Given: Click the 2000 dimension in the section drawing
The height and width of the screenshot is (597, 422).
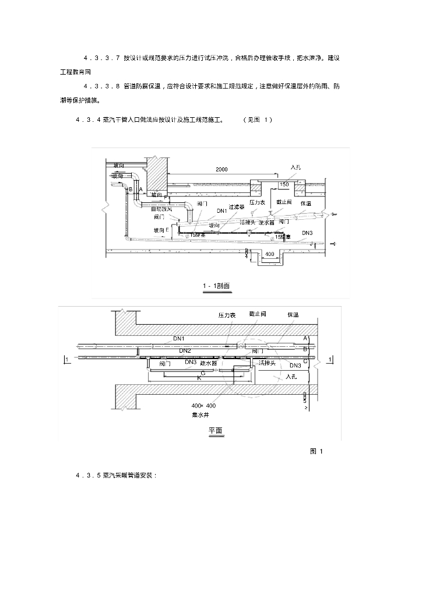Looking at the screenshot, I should (221, 169).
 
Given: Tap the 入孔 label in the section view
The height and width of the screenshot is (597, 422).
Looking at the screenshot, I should (296, 167).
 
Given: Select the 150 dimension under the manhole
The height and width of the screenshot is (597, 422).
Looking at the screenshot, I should (284, 185).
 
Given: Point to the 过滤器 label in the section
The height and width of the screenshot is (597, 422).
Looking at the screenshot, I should (236, 206).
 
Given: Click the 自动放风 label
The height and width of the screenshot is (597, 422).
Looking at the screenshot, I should (161, 208).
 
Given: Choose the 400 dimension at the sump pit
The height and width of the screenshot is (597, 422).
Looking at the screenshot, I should (270, 255).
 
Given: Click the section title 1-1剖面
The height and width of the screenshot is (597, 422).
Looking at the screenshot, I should (216, 286).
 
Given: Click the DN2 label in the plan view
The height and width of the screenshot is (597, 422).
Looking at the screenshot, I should (185, 350).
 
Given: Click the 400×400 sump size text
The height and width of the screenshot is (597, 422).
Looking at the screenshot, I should (203, 405).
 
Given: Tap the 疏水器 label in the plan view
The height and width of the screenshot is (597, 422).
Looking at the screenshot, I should (209, 363).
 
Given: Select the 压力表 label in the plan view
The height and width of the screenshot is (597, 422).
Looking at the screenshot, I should (227, 315).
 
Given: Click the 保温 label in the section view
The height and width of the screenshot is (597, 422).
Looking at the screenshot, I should (306, 203).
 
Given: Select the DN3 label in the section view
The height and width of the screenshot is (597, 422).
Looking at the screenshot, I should (307, 233).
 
